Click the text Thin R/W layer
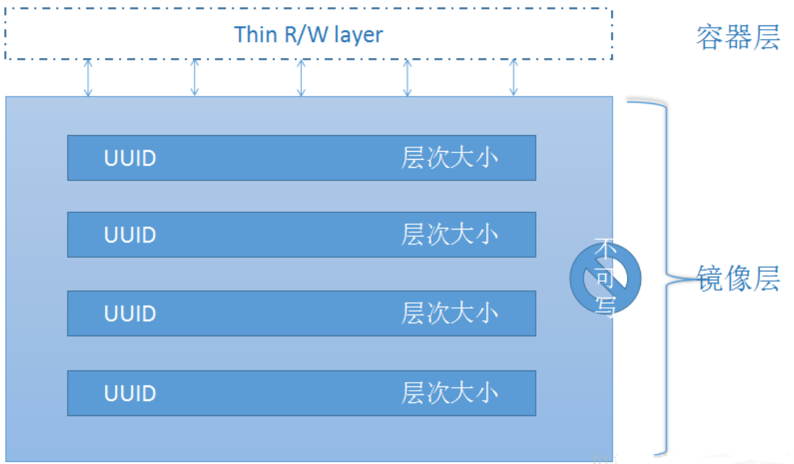pyautogui.click(x=308, y=34)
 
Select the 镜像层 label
pyautogui.click(x=738, y=278)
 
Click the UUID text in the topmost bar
pyautogui.click(x=130, y=158)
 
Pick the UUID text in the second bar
pyautogui.click(x=130, y=235)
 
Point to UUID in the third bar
pyautogui.click(x=130, y=314)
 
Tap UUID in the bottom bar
pyautogui.click(x=130, y=393)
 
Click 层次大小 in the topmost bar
pyautogui.click(x=450, y=158)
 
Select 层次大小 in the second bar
pyautogui.click(x=450, y=235)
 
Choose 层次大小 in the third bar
pyautogui.click(x=450, y=314)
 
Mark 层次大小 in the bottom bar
pyautogui.click(x=450, y=393)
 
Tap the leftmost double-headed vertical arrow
pyautogui.click(x=89, y=78)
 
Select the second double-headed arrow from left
pyautogui.click(x=195, y=78)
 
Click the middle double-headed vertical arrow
pyautogui.click(x=301, y=78)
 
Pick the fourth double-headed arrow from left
pyautogui.click(x=407, y=78)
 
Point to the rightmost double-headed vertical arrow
pyautogui.click(x=513, y=78)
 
